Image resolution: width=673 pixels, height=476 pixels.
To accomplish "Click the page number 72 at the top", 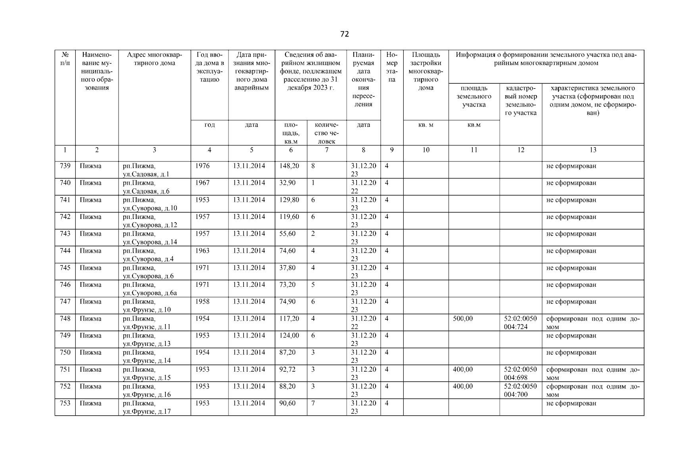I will coord(344,34).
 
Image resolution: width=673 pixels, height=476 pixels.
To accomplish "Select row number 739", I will coord(65,166).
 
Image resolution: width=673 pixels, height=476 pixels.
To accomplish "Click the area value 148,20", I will coord(289,166).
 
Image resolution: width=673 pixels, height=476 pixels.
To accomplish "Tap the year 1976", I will coord(202,166).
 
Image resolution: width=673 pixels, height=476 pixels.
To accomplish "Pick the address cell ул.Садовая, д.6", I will coord(146,187).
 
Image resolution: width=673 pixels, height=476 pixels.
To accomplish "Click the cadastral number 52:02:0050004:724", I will coord(520,323).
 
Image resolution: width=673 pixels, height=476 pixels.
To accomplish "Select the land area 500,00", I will coord(463,319).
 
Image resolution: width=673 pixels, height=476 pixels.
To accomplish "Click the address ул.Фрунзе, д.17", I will coord(147,407).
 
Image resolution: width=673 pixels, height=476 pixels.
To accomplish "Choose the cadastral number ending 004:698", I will coord(520,374).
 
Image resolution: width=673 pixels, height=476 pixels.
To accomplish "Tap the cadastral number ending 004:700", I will coord(520,391).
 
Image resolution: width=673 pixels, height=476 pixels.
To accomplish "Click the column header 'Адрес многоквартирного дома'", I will coord(154,59).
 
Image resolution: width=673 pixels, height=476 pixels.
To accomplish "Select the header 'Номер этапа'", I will coord(392,67).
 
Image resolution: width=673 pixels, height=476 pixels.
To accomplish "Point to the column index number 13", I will coord(592,150).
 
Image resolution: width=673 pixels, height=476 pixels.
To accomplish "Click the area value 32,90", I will coord(287,183).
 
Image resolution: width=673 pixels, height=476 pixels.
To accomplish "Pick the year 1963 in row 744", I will coord(202,251).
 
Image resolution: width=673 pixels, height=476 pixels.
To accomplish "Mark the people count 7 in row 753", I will coord(313,403).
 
